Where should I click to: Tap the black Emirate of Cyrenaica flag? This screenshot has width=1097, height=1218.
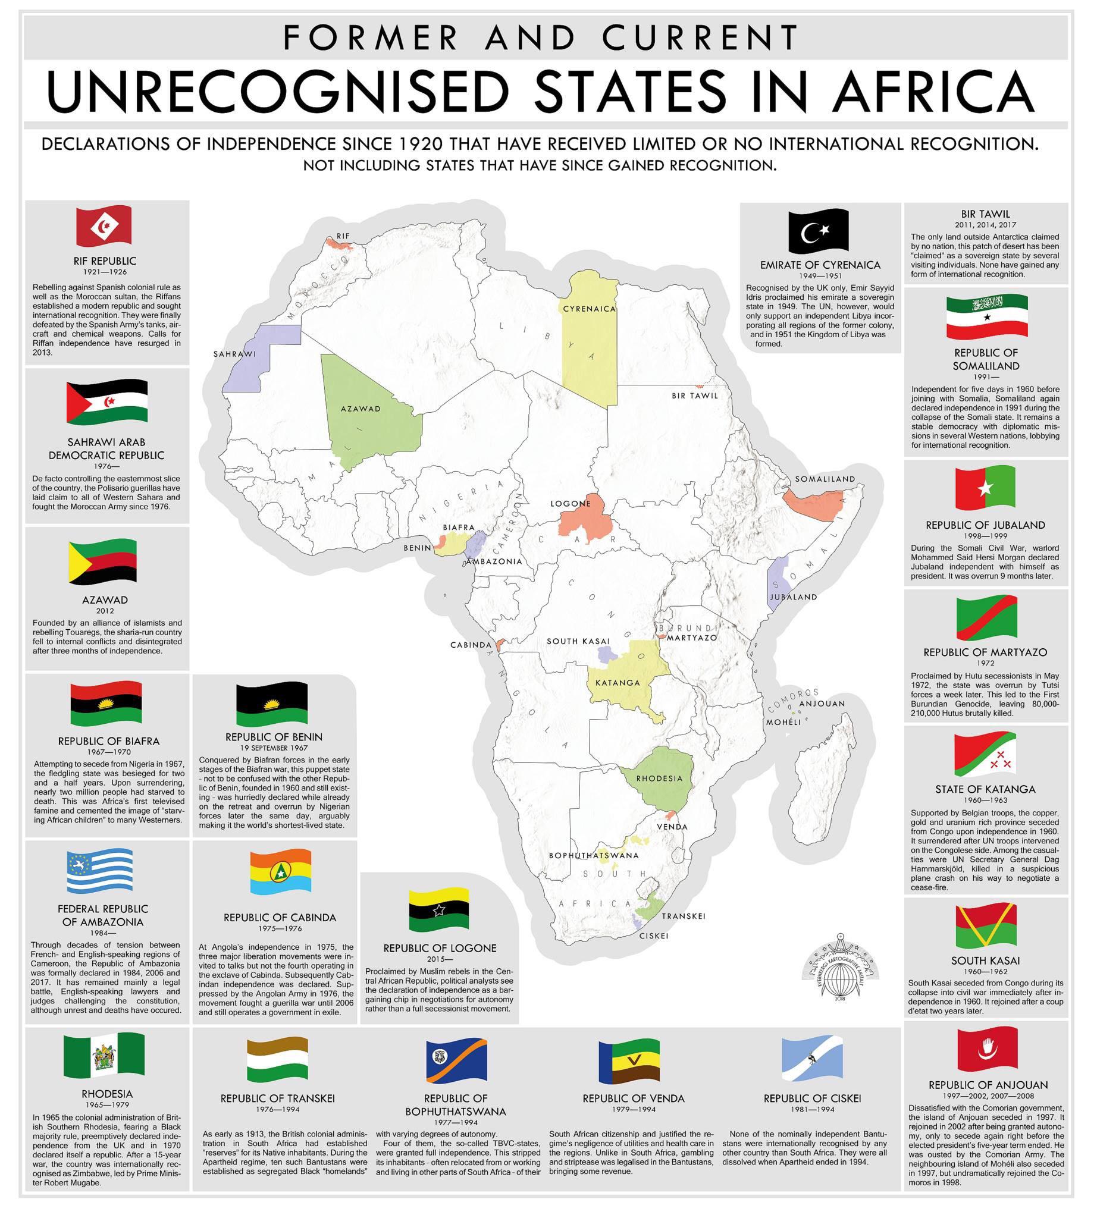[x=820, y=231]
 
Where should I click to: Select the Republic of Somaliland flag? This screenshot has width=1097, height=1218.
[x=986, y=318]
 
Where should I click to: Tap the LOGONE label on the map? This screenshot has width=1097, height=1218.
[x=570, y=504]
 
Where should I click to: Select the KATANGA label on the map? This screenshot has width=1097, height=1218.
[x=618, y=683]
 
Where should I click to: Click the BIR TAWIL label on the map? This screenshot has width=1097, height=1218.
[x=695, y=396]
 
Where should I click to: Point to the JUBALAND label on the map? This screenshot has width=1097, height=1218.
[x=793, y=597]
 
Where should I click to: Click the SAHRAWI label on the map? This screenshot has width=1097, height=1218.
[x=234, y=354]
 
